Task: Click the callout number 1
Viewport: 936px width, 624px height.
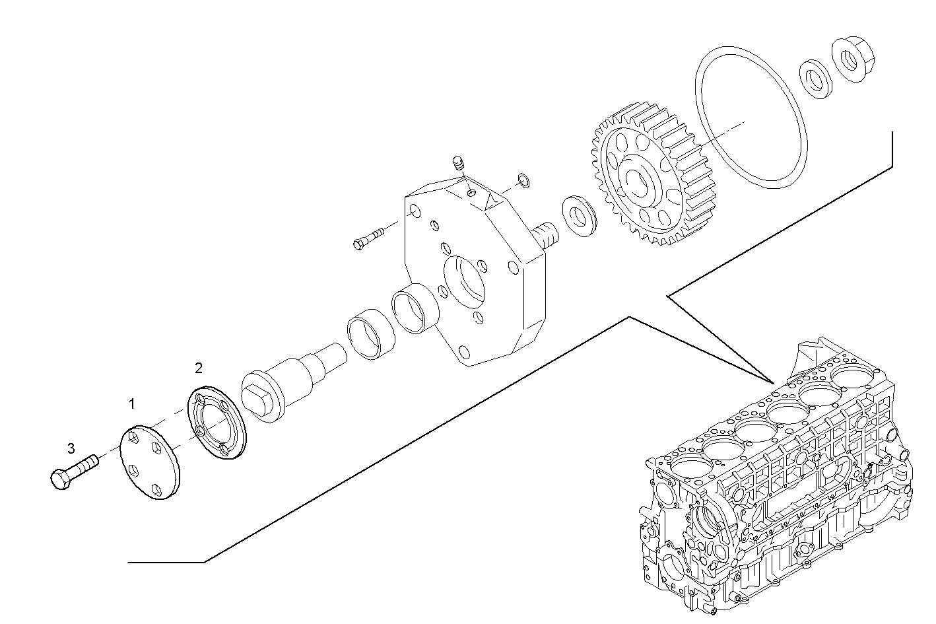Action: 132,403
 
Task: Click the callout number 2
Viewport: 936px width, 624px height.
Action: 199,367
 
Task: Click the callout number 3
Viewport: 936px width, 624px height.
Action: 71,448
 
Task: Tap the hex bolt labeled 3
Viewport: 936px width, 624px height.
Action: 71,471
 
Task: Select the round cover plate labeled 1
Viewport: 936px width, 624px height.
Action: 150,462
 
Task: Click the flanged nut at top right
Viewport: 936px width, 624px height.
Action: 852,59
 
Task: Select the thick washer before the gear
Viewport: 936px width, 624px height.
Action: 579,215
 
